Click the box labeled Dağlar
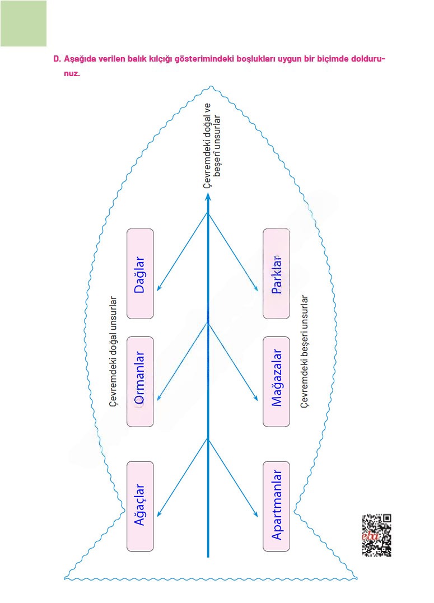[140, 274]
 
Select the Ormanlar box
[140, 381]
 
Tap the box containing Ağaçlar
[140, 506]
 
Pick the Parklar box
[276, 274]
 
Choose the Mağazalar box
[276, 381]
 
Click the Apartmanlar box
[276, 506]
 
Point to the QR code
[376, 535]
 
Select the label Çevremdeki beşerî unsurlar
[305, 351]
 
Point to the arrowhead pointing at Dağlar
[158, 288]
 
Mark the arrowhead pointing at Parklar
[256, 289]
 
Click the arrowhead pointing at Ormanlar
[158, 399]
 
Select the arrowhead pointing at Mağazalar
[256, 399]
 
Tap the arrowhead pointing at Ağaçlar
[158, 514]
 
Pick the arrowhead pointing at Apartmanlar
[256, 515]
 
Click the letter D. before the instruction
[56, 59]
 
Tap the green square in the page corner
[24, 23]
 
